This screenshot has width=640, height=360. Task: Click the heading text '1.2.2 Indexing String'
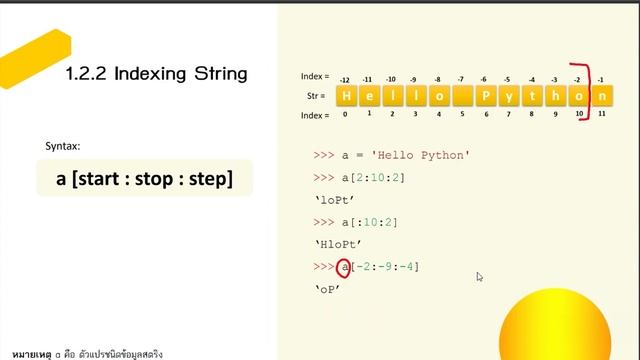pos(155,74)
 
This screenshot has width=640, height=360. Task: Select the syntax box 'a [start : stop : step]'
pos(145,179)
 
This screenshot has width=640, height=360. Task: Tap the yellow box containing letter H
pos(346,96)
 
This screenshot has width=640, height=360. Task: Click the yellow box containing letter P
pos(486,96)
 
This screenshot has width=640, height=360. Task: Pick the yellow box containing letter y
pos(509,96)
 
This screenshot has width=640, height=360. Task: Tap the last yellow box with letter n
pos(602,96)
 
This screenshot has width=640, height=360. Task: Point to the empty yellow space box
pos(462,96)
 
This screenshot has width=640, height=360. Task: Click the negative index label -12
pos(344,78)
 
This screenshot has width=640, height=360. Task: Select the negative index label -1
pos(600,78)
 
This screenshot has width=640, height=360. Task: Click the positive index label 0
pos(345,115)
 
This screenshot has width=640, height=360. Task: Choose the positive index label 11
pos(600,115)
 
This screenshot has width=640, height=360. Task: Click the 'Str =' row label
pos(315,96)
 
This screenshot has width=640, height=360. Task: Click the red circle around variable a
pos(345,267)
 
